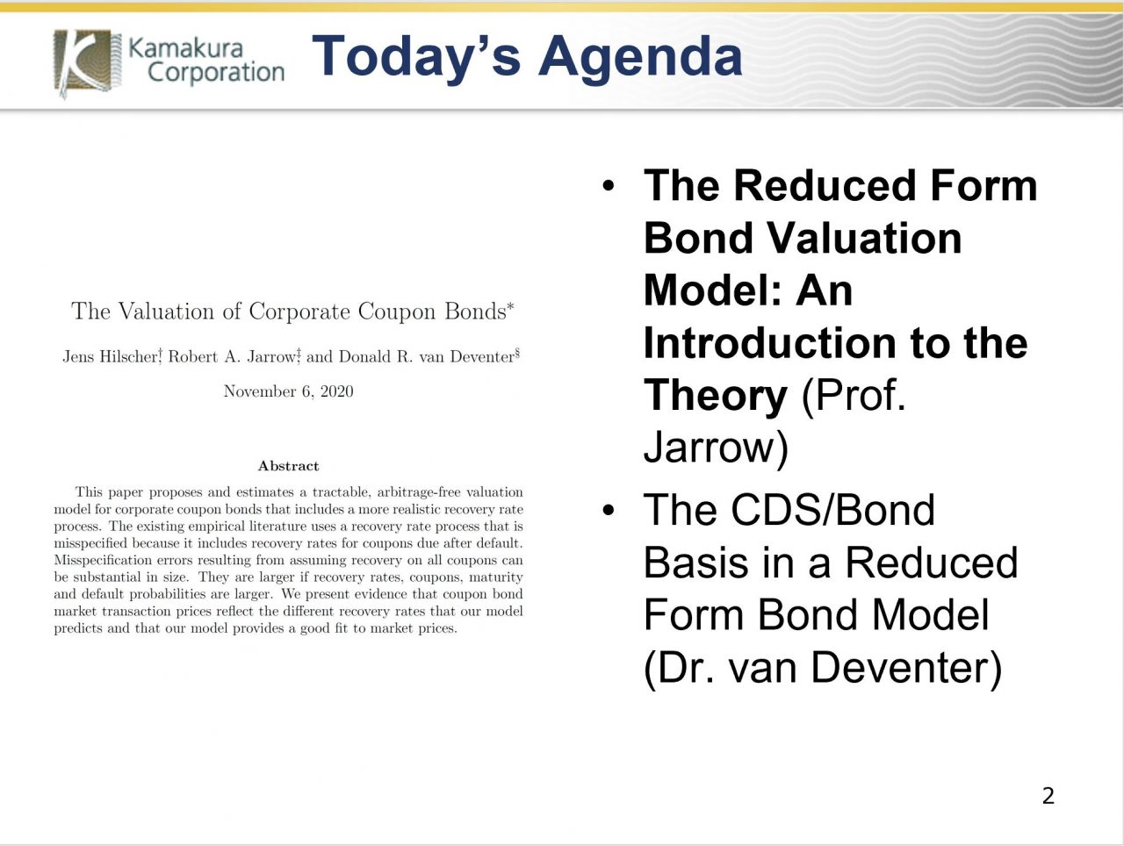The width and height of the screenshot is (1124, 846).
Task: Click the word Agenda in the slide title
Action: point(641,57)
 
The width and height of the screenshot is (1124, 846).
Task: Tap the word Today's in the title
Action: point(417,57)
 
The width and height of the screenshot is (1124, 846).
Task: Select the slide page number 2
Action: point(1048,796)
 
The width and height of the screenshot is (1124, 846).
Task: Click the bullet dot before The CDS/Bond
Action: point(609,512)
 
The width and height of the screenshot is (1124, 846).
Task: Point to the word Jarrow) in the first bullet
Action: point(716,448)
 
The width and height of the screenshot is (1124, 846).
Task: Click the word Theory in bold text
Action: point(715,396)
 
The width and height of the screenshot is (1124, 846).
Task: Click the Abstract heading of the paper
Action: point(288,466)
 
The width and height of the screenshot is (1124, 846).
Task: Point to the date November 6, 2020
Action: point(288,391)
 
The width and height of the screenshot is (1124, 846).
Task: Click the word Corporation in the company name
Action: point(216,73)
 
